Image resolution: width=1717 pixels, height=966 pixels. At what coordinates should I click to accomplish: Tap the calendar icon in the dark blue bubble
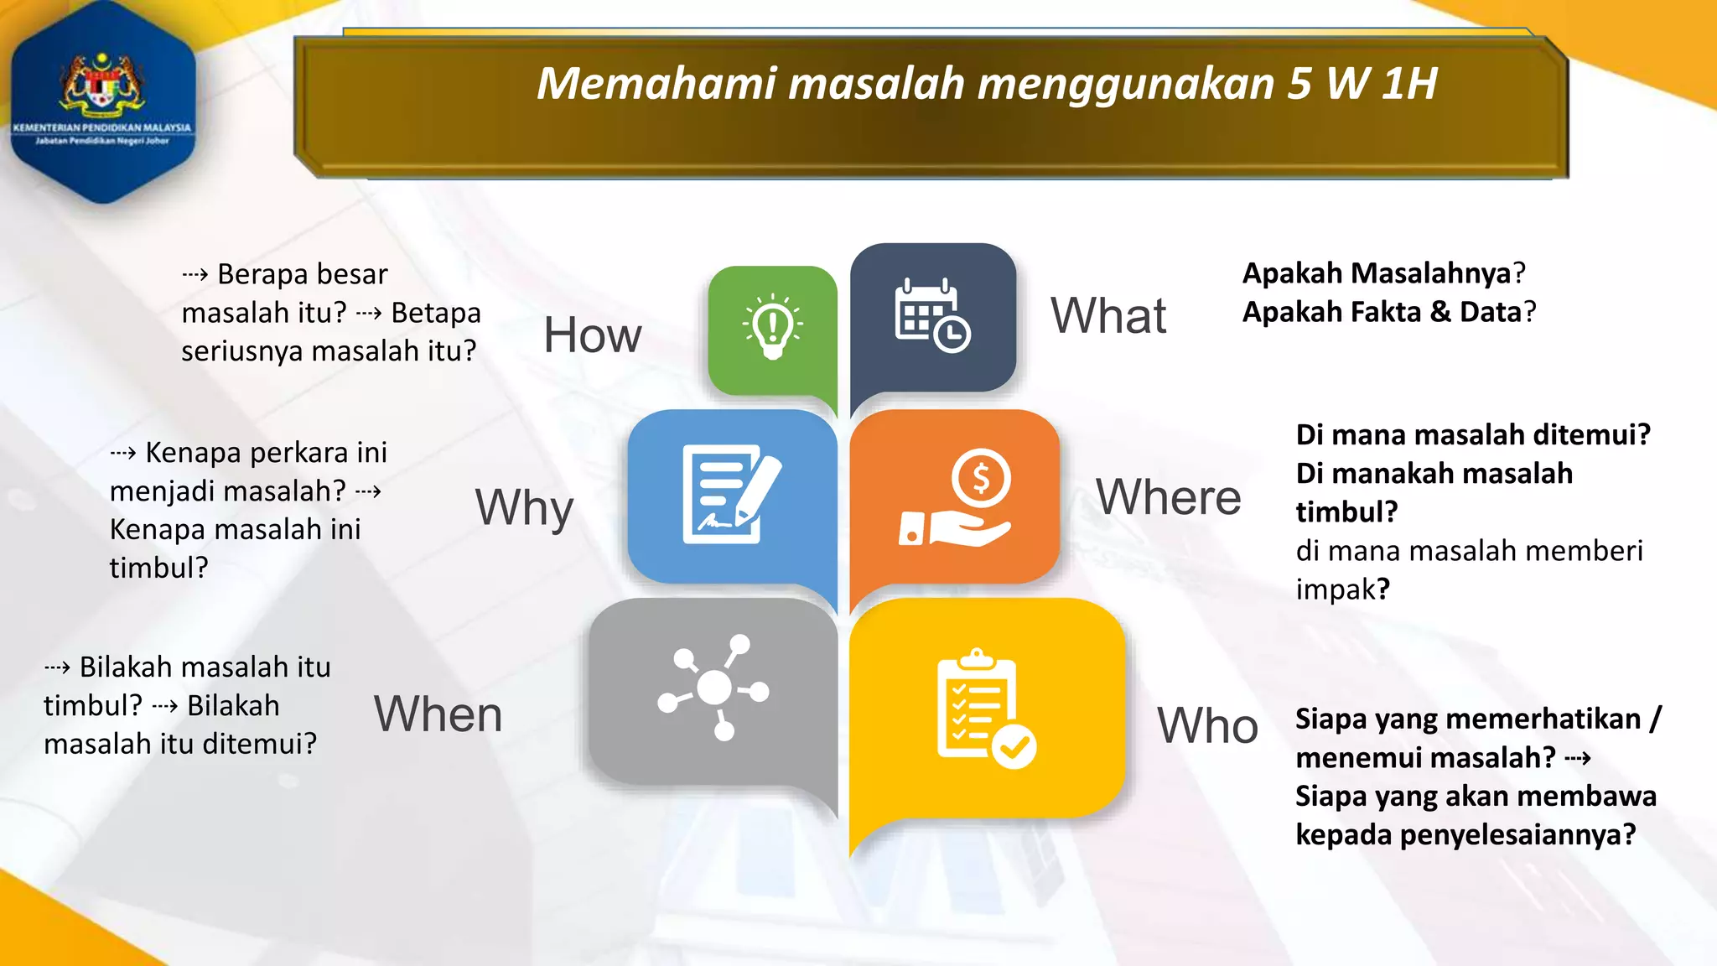point(931,315)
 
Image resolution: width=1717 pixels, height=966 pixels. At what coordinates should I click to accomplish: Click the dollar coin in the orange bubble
point(981,479)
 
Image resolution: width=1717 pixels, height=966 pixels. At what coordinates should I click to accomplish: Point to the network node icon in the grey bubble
point(713,688)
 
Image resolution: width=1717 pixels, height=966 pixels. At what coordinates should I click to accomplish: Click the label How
point(592,335)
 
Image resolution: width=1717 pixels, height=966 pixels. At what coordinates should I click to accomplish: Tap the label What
point(1107,316)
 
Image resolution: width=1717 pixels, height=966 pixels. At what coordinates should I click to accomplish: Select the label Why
point(524,507)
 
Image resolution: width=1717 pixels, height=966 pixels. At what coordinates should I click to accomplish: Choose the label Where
point(1168,497)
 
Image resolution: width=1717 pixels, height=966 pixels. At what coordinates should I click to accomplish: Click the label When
point(438,714)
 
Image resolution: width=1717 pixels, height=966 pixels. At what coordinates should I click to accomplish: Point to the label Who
point(1207,725)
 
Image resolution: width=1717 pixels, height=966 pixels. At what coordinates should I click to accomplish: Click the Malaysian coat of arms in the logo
point(102,84)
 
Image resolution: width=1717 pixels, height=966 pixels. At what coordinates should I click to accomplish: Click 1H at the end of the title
point(1409,84)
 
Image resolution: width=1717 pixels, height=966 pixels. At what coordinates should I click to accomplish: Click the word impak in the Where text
point(1336,589)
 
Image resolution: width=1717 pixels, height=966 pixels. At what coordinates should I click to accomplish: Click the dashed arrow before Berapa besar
point(195,275)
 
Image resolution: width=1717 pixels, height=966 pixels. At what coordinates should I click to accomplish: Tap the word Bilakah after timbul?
point(233,706)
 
